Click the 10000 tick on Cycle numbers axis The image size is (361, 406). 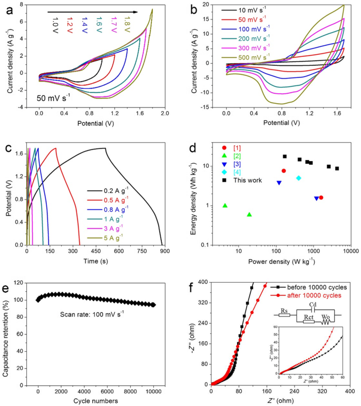pos(153,392)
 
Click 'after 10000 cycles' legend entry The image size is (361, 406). pos(315,296)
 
